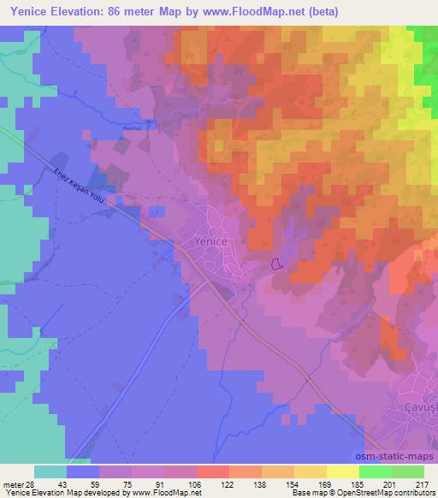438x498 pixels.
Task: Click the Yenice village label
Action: [x=206, y=242]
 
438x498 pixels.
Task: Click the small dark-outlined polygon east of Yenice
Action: [x=276, y=264]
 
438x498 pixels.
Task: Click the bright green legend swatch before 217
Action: [x=407, y=471]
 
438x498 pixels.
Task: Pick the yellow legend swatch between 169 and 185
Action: [x=342, y=471]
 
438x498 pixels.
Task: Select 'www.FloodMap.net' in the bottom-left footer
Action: [x=163, y=492]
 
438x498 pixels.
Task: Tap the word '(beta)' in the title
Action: [x=321, y=12]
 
